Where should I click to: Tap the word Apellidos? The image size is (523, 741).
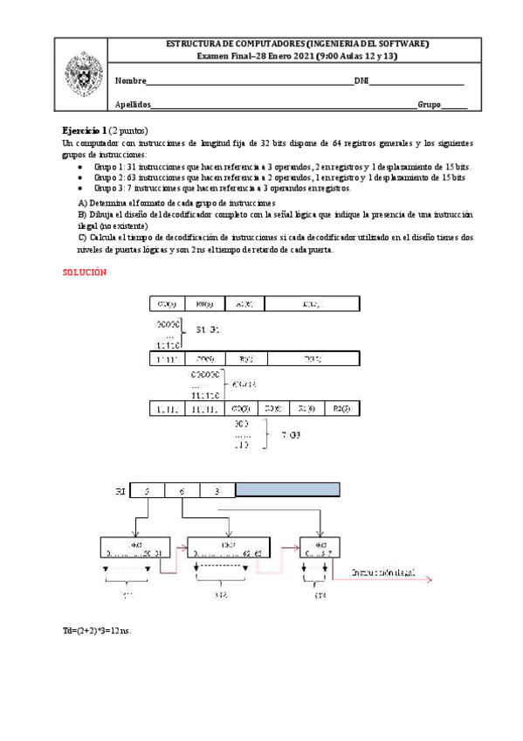[134, 105]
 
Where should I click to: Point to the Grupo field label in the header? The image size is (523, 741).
[429, 105]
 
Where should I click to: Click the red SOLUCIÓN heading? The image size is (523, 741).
[85, 273]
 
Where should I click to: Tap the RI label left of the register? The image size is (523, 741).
[120, 493]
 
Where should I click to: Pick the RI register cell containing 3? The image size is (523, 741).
[218, 492]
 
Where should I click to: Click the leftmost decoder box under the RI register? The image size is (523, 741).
[134, 549]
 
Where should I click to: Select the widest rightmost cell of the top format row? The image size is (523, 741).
[311, 304]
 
